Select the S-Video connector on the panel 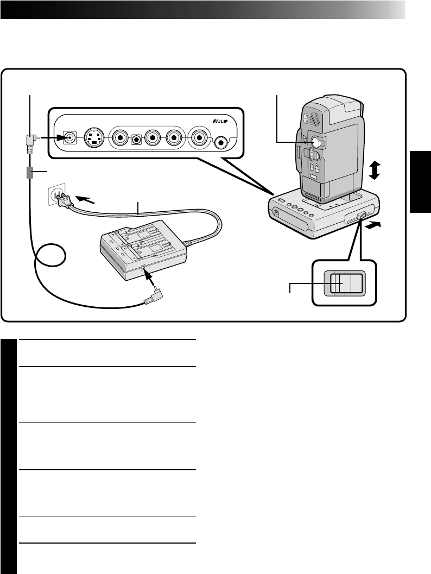[95, 138]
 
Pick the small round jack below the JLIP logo [222, 142]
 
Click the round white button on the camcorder [315, 142]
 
